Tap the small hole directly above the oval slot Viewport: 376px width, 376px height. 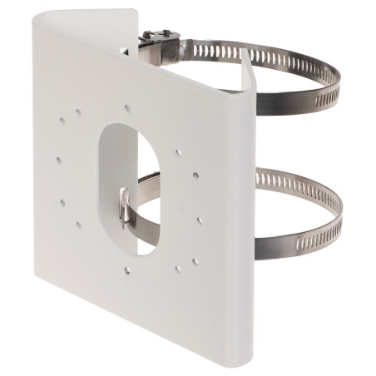point(126,106)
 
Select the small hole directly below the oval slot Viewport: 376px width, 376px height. point(126,269)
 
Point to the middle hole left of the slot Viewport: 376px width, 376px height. point(59,159)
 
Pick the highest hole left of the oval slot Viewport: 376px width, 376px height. point(62,121)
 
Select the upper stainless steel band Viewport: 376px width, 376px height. point(283,71)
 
